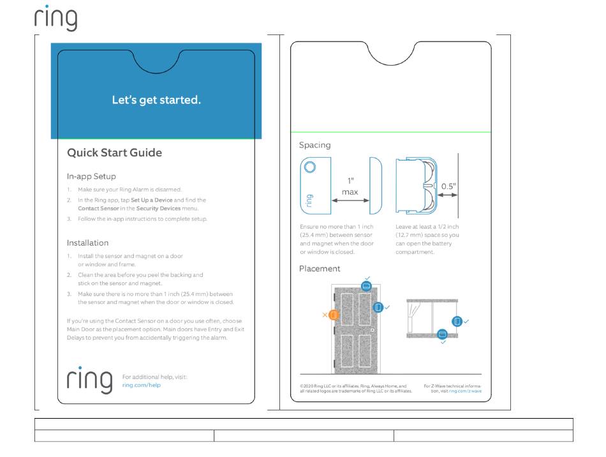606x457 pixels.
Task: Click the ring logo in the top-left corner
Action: [x=55, y=18]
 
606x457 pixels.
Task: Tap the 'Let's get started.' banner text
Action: [x=156, y=100]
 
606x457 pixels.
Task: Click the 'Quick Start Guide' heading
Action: [x=115, y=153]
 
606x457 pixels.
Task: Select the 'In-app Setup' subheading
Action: [x=91, y=176]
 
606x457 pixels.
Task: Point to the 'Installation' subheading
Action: [x=88, y=243]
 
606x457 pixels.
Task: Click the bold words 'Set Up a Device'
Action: [x=152, y=200]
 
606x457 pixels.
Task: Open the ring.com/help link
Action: [x=141, y=386]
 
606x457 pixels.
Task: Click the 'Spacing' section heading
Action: [x=315, y=145]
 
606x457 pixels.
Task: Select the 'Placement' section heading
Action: [x=320, y=269]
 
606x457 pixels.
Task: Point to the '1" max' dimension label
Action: [x=350, y=186]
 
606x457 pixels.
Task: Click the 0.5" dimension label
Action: [x=448, y=186]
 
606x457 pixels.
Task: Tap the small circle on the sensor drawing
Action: [x=309, y=167]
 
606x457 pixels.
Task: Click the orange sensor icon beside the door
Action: [x=334, y=315]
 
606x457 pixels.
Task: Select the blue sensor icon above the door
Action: [x=366, y=287]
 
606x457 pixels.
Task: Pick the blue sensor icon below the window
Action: [x=442, y=334]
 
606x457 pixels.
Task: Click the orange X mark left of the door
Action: [x=325, y=315]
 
